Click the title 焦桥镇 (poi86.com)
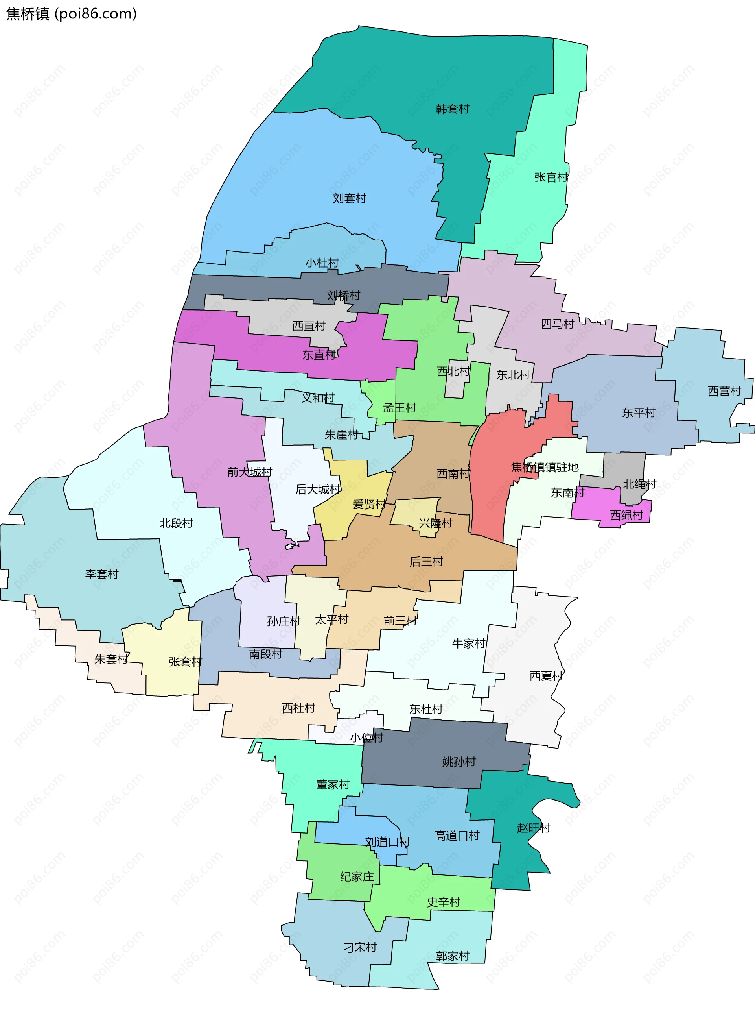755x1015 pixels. (x=71, y=14)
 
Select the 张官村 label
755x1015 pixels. (x=551, y=177)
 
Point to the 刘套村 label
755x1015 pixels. (x=349, y=198)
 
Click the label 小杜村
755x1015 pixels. (x=322, y=263)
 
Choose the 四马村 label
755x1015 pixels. (x=557, y=324)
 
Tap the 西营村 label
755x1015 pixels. (x=724, y=391)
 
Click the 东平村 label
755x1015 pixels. (x=639, y=412)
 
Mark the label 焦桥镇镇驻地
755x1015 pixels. (x=544, y=467)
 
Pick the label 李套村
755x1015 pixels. (x=101, y=574)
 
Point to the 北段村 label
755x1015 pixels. (x=176, y=523)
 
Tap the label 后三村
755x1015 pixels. (x=426, y=561)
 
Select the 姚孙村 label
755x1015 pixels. (x=459, y=762)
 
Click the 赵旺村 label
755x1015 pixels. (x=533, y=827)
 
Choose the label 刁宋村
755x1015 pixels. (x=360, y=947)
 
